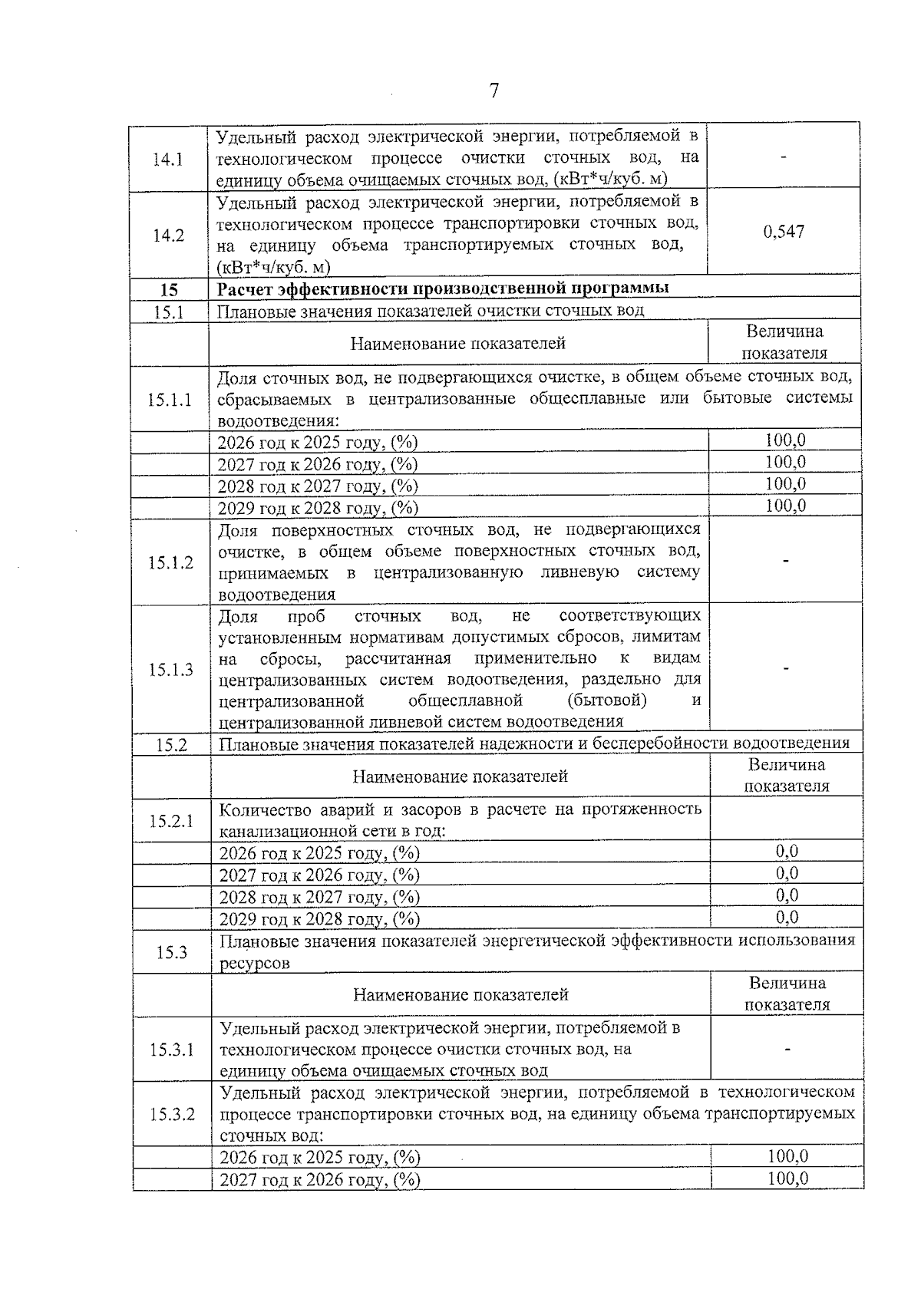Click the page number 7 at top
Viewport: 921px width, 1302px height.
[x=494, y=91]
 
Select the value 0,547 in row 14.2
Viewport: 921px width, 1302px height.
[x=784, y=232]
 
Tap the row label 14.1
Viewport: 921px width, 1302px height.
[x=168, y=160]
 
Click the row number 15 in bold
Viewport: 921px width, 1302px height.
[x=169, y=290]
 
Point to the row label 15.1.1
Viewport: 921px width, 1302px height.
[x=170, y=400]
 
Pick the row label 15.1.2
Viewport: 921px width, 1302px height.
[x=170, y=562]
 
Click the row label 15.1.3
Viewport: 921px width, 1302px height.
[x=170, y=670]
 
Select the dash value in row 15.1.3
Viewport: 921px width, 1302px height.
[x=786, y=669]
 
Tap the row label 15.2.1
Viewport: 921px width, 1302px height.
[x=171, y=821]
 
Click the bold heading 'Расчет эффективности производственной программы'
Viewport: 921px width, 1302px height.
[x=443, y=288]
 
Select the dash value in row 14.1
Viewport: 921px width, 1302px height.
[x=783, y=157]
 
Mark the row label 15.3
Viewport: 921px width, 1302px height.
[x=172, y=953]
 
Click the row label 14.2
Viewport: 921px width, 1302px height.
[x=168, y=236]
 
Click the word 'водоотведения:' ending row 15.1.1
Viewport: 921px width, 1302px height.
[x=278, y=421]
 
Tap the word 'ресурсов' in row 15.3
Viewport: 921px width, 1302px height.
[x=255, y=964]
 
